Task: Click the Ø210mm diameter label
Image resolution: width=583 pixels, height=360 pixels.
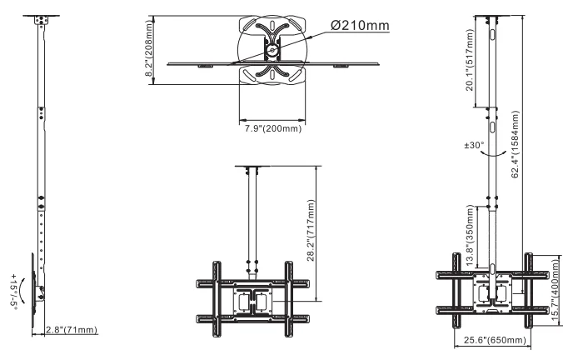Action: coord(360,25)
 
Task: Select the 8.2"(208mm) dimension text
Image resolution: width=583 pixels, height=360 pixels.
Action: coord(149,48)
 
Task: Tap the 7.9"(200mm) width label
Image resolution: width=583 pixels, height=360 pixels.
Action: coord(273,128)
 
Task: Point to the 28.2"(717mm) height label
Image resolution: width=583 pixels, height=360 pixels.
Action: coord(311,231)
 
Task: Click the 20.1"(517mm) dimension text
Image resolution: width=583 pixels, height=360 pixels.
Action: coord(469,60)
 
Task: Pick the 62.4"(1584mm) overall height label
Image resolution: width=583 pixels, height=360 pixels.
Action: coord(515,144)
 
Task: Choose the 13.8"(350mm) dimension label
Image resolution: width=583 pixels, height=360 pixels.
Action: coord(470,235)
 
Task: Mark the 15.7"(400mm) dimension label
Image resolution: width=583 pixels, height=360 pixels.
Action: coord(556,290)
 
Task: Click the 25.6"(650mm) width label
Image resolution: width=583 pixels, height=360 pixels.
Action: coord(495,340)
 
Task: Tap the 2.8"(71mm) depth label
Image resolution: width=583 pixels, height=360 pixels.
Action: coord(72,330)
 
